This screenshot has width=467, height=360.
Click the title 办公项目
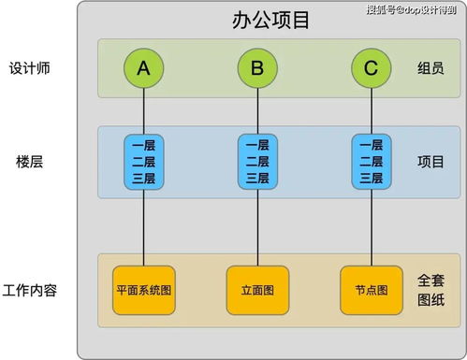tap(270, 21)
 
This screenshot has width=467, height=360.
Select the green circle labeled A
tap(143, 67)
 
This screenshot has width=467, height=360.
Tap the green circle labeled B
tap(257, 67)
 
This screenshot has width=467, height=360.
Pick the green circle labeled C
tap(371, 67)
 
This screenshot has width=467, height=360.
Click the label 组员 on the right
tap(431, 69)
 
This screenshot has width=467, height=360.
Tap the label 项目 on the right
tap(431, 161)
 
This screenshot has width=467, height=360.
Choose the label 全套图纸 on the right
tap(431, 291)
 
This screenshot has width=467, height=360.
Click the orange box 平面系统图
tap(143, 290)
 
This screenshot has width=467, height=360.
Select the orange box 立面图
tap(257, 290)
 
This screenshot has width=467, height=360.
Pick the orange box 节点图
tap(371, 290)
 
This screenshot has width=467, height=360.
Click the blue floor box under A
tap(143, 161)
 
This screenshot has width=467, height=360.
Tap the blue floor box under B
tap(257, 161)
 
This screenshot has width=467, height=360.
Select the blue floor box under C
tap(371, 161)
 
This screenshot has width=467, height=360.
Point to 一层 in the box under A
tap(143, 145)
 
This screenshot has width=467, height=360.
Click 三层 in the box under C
tap(371, 178)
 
